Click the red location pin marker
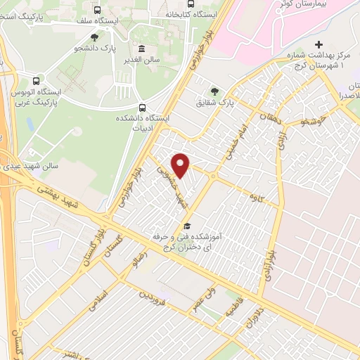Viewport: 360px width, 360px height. pyautogui.click(x=181, y=166)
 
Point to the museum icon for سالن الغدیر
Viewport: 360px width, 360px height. pyautogui.click(x=143, y=49)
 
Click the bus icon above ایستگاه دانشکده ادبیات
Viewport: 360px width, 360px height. pyautogui.click(x=143, y=108)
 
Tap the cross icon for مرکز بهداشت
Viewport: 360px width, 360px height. pyautogui.click(x=319, y=44)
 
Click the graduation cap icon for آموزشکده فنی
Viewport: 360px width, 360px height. pyautogui.click(x=187, y=226)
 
